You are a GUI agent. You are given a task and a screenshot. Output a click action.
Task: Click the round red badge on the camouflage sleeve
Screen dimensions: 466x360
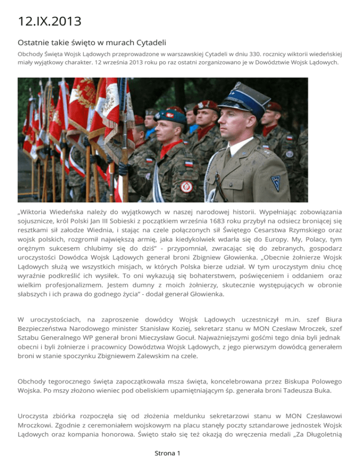[186, 187]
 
